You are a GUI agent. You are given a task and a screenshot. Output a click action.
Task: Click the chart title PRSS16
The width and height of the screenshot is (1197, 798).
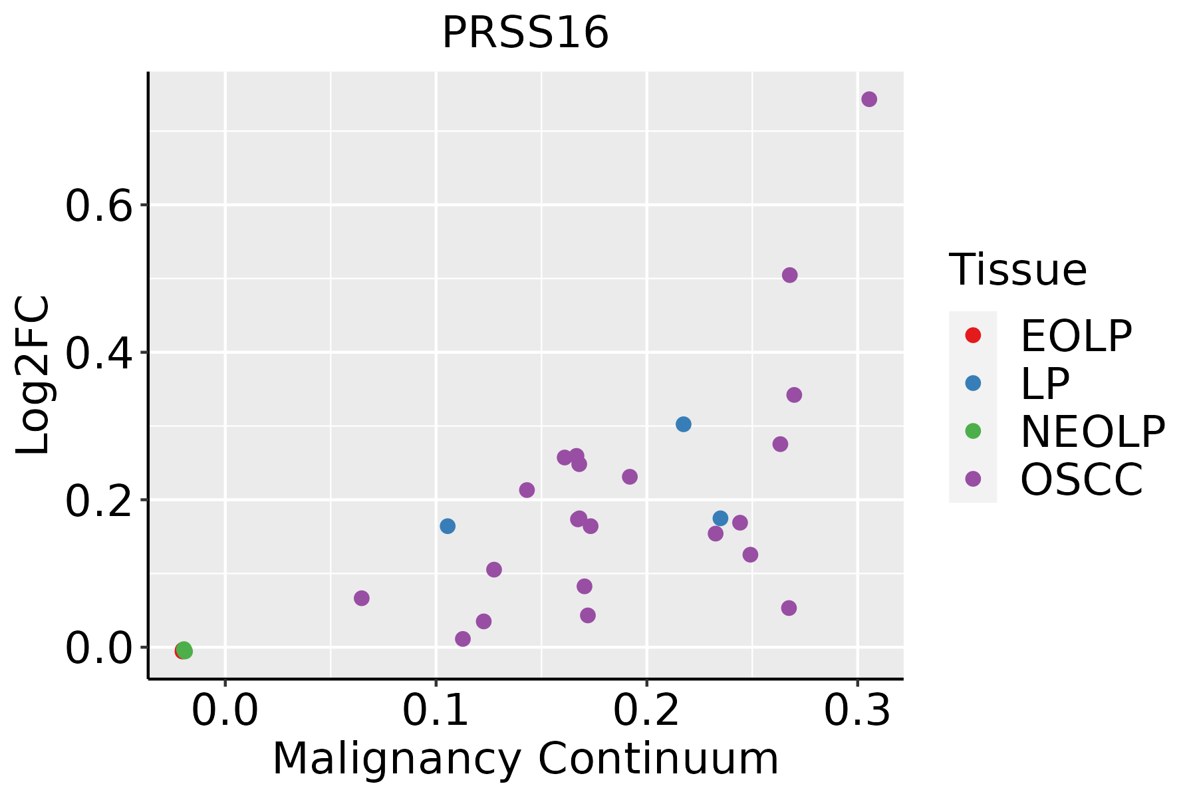[x=525, y=33]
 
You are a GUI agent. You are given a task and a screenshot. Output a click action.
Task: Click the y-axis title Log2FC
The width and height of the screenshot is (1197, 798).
[x=33, y=376]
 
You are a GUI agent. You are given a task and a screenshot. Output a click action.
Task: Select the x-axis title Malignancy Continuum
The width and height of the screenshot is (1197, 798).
[x=525, y=759]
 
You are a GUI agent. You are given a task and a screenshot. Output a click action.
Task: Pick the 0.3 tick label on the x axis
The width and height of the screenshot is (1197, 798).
[x=857, y=711]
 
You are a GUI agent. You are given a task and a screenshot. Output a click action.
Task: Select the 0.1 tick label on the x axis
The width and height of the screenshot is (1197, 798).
[x=436, y=711]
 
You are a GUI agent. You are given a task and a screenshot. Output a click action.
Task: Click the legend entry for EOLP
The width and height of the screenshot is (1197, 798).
[x=1075, y=336]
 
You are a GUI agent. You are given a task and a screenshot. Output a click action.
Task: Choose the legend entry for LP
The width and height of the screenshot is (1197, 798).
[x=1045, y=384]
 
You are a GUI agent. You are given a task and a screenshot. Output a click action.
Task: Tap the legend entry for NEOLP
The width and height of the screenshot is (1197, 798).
[x=1092, y=432]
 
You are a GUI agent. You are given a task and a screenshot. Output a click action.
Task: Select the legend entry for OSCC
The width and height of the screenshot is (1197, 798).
[x=1081, y=479]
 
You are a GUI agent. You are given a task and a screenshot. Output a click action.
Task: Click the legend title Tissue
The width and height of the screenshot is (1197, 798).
[x=1017, y=270]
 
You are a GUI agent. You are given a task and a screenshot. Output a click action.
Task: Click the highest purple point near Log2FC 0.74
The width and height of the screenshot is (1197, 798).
[x=869, y=99]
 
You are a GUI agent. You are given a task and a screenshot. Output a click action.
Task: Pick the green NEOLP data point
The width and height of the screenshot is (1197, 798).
[x=185, y=650]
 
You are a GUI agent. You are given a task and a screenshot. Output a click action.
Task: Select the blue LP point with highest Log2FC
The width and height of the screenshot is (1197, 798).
[x=684, y=424]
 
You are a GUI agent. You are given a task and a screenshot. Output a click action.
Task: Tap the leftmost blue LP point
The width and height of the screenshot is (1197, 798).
[x=448, y=526]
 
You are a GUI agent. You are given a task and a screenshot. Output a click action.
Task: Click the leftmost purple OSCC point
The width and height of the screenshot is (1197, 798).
[x=362, y=598]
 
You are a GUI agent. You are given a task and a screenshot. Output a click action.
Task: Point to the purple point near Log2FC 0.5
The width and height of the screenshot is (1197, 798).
[x=790, y=275]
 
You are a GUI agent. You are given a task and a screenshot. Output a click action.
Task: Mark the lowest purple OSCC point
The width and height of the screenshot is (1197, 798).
[x=463, y=639]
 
